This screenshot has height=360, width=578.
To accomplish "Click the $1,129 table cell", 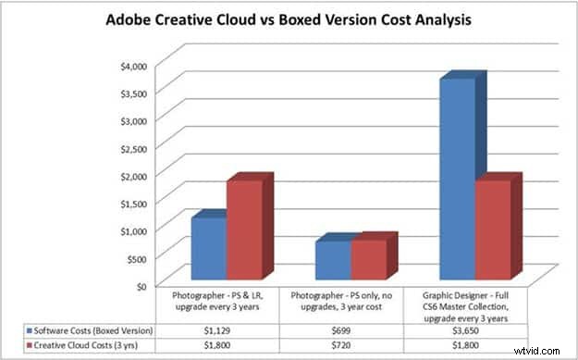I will click(x=226, y=329).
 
